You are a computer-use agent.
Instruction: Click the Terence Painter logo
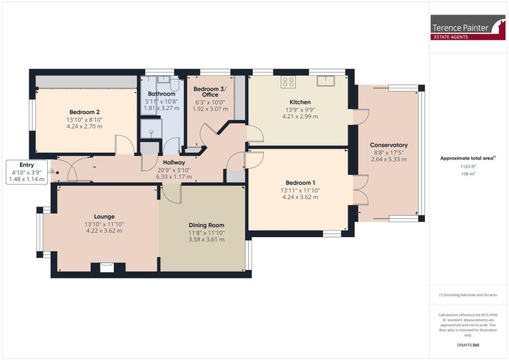click(x=461, y=27)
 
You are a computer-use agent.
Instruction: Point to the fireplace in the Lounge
click(x=107, y=268)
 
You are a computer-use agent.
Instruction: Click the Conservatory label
click(x=389, y=145)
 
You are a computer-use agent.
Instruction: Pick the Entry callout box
click(x=27, y=172)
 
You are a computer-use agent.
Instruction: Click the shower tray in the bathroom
click(x=151, y=129)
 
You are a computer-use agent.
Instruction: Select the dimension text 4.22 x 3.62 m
click(x=104, y=231)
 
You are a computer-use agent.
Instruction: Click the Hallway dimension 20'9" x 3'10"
click(x=173, y=170)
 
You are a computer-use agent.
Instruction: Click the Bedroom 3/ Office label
click(x=209, y=92)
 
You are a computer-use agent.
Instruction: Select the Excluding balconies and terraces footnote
click(x=467, y=295)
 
